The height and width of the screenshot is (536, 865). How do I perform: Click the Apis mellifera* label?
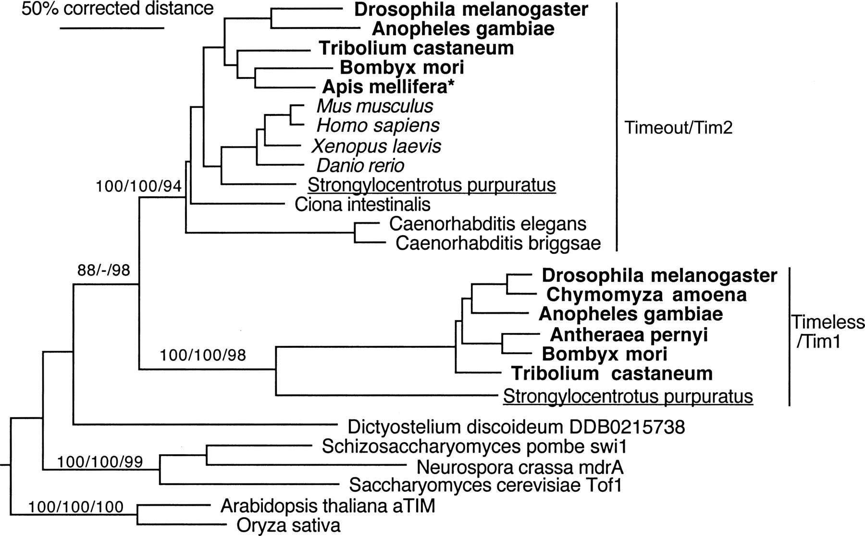tap(389, 87)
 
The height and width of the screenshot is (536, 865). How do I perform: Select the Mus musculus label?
tap(375, 106)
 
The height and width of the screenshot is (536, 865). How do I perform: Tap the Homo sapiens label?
tap(378, 126)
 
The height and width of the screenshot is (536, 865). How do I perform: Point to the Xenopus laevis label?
tap(376, 146)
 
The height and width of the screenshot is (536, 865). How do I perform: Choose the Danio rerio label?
tap(360, 166)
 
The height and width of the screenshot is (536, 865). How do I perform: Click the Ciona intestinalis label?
tap(362, 204)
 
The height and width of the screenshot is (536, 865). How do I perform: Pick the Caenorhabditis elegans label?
tap(488, 224)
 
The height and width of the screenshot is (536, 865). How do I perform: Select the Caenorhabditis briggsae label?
tap(498, 243)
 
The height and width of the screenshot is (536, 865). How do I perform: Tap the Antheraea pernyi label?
tap(629, 334)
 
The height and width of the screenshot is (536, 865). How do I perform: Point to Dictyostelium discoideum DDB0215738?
tap(516, 427)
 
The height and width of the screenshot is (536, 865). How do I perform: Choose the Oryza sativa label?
tap(288, 525)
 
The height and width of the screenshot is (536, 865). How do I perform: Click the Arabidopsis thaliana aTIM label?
tap(328, 506)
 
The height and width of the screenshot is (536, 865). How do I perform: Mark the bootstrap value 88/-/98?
tap(104, 270)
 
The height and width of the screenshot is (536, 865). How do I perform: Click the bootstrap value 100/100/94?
tap(138, 186)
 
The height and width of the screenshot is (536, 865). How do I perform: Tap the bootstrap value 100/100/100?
tap(76, 507)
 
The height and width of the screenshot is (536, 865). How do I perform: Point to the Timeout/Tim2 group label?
tap(678, 128)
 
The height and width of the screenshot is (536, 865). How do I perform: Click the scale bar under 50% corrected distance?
tap(112, 28)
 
